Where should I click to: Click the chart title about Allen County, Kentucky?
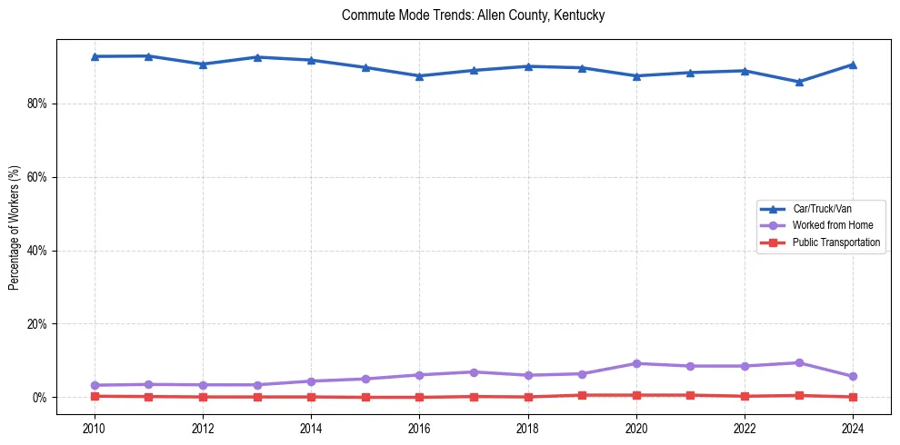(x=473, y=15)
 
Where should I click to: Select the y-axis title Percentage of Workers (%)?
(x=14, y=227)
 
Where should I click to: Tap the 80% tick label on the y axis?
(x=36, y=104)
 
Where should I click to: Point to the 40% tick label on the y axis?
(x=36, y=251)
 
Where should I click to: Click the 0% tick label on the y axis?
(x=39, y=398)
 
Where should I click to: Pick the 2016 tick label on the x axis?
(x=419, y=430)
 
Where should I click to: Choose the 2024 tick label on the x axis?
(x=853, y=430)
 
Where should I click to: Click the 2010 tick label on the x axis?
(x=95, y=430)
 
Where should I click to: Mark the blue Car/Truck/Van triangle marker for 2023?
(x=799, y=82)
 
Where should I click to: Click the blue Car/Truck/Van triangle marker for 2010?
(x=95, y=56)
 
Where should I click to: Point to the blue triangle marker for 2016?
(x=419, y=76)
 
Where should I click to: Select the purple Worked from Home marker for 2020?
(x=636, y=363)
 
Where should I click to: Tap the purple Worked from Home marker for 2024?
(x=853, y=376)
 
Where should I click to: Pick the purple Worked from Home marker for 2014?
(x=311, y=381)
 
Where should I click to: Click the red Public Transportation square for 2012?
(x=203, y=397)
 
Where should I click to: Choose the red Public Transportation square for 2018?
(x=528, y=397)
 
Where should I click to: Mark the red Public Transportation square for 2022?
(x=745, y=396)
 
